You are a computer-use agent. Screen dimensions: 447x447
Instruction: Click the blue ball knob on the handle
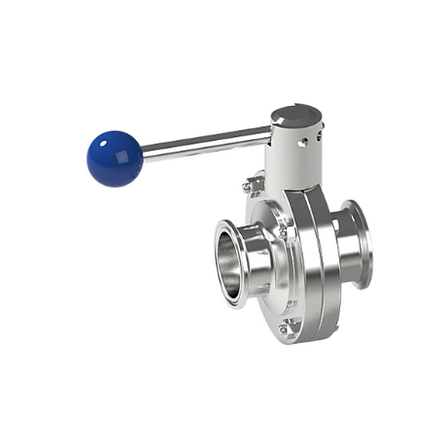point(115,158)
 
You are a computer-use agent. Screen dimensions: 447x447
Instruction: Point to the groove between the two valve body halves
point(309,258)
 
